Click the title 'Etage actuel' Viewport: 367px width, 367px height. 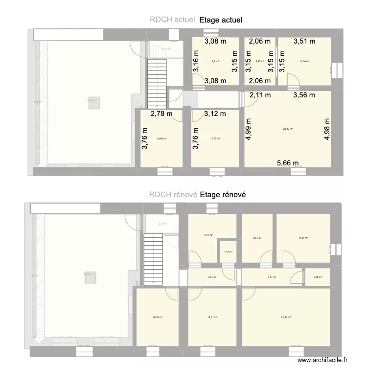[x=221, y=20]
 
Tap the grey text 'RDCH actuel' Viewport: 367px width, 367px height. [x=173, y=20]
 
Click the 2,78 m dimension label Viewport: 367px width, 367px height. [x=161, y=114]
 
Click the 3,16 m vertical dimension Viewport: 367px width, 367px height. [x=196, y=62]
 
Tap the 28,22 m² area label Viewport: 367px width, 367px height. [x=288, y=129]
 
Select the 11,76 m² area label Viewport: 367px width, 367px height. [x=215, y=139]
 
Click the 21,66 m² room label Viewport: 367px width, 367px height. [x=286, y=317]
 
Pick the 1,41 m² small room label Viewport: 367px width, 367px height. [x=228, y=252]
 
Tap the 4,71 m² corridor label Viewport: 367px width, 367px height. [x=272, y=277]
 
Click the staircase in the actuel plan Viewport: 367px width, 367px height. [x=158, y=81]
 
